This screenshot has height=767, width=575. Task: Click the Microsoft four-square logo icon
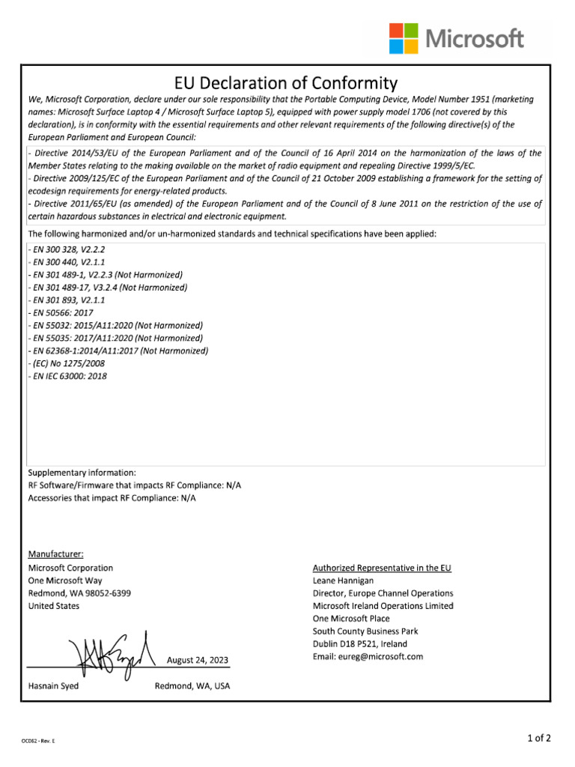click(x=403, y=38)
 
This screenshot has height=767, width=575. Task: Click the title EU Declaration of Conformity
click(x=287, y=82)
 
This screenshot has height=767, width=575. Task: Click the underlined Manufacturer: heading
click(x=56, y=554)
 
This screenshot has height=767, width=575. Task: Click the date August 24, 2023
click(x=198, y=660)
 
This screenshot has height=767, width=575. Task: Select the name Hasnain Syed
click(x=53, y=686)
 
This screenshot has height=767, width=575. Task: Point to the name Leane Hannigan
click(x=342, y=580)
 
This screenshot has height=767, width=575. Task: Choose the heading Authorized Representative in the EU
click(x=382, y=568)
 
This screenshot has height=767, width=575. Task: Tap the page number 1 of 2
click(x=539, y=738)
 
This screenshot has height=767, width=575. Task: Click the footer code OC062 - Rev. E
click(x=38, y=741)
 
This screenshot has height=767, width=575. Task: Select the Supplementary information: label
click(x=82, y=473)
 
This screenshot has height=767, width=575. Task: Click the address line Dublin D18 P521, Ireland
click(x=360, y=644)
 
